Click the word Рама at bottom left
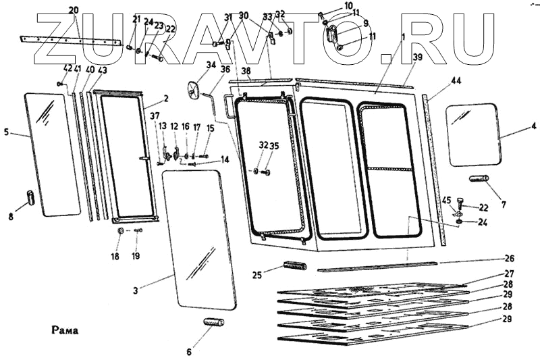(x=65, y=331)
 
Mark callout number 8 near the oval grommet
(x=10, y=217)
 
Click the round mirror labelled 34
(x=194, y=89)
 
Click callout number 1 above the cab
(x=403, y=35)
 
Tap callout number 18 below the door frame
(x=115, y=256)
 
